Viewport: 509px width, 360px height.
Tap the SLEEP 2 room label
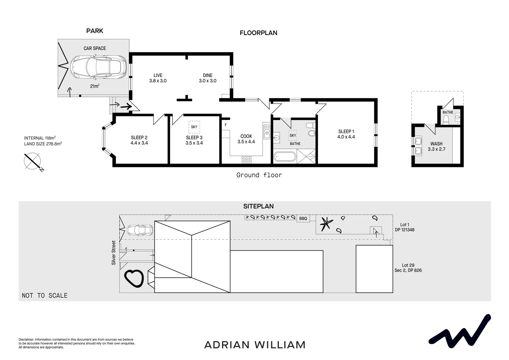pyautogui.click(x=139, y=140)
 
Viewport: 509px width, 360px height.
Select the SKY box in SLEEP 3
pyautogui.click(x=194, y=127)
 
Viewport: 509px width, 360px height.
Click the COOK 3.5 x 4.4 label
pyautogui.click(x=246, y=139)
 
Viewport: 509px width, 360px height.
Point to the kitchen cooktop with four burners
pyautogui.click(x=246, y=160)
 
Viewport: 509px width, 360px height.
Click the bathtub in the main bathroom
pyautogui.click(x=284, y=157)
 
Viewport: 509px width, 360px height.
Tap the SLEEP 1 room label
pyautogui.click(x=346, y=134)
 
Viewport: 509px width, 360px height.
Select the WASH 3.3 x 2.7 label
pyautogui.click(x=436, y=146)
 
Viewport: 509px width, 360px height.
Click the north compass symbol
pyautogui.click(x=32, y=161)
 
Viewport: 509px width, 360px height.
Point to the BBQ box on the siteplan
pyautogui.click(x=303, y=219)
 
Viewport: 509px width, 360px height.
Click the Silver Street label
pyautogui.click(x=114, y=253)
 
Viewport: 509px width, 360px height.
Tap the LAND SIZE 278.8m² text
pyautogui.click(x=43, y=144)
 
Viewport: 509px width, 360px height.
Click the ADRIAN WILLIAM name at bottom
pyautogui.click(x=255, y=345)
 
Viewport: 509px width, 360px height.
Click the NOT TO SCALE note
pyautogui.click(x=45, y=295)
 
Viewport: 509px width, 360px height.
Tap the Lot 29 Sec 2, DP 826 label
pyautogui.click(x=408, y=268)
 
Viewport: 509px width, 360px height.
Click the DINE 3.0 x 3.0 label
pyautogui.click(x=208, y=78)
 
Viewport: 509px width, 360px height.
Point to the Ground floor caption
pyautogui.click(x=259, y=175)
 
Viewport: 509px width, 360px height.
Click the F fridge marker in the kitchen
pyautogui.click(x=226, y=125)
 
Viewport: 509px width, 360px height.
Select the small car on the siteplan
pyautogui.click(x=140, y=230)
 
